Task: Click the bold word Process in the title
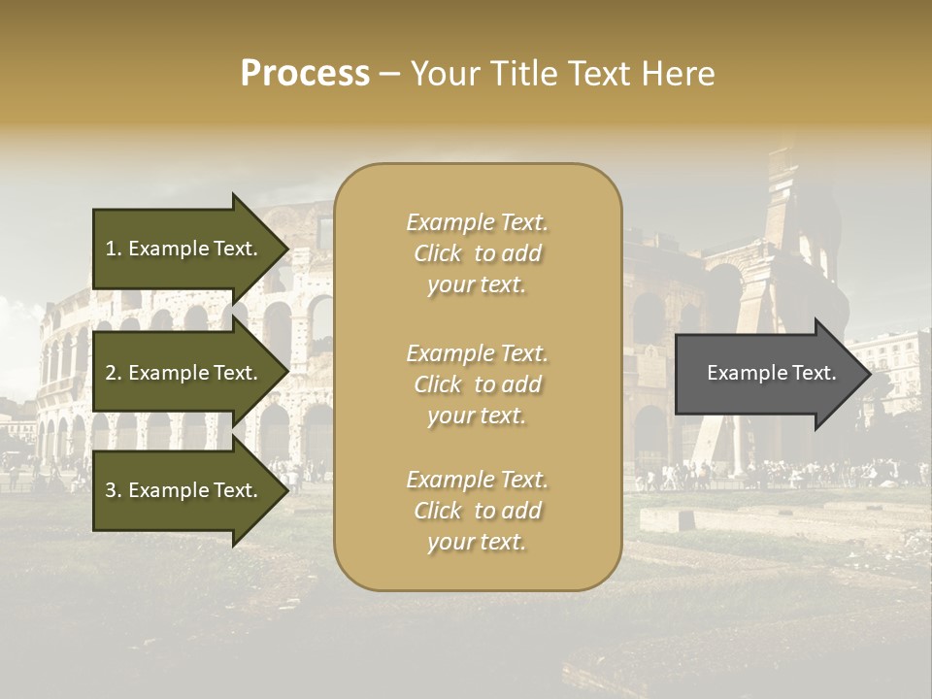point(305,74)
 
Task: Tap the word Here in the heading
point(679,74)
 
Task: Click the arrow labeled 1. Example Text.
point(184,250)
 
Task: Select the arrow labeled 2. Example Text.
point(184,373)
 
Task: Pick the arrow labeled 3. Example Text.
point(184,490)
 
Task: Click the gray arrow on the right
point(767,374)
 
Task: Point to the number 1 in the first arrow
point(112,250)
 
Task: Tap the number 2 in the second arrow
point(112,373)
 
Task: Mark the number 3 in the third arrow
point(112,490)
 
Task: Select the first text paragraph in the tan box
point(477,253)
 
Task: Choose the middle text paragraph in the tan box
point(477,384)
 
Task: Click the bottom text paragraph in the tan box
point(477,511)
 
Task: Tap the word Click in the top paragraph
point(438,253)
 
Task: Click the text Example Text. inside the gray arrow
point(771,373)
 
